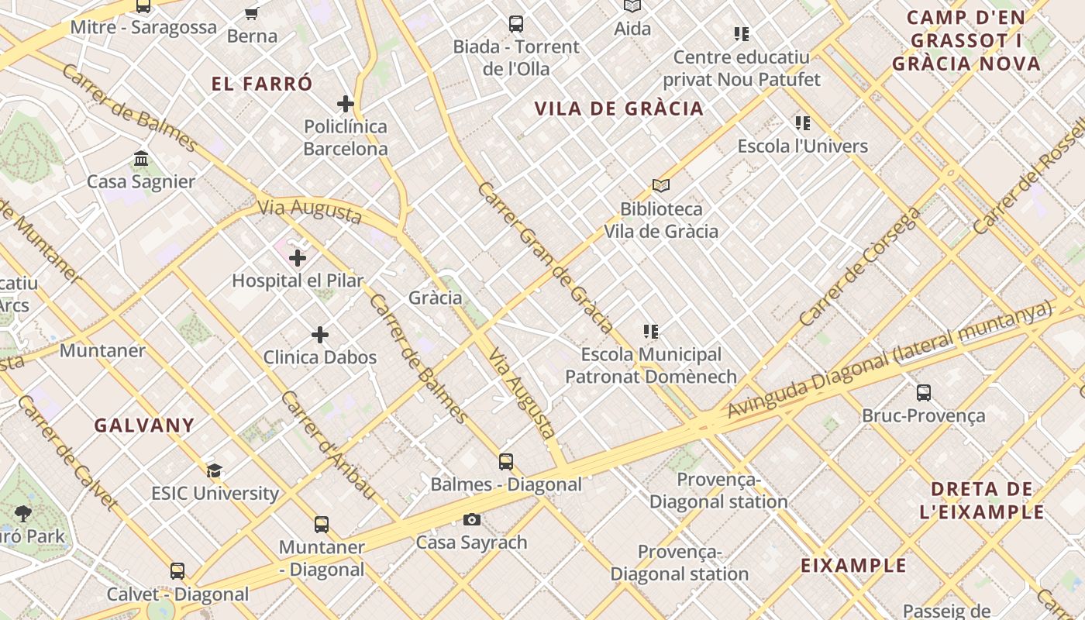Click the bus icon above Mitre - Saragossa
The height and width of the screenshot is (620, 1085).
[143, 6]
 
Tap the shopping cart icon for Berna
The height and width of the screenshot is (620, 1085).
[252, 13]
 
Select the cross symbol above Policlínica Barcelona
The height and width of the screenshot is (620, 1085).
[346, 104]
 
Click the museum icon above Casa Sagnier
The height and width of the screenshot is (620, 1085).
[141, 159]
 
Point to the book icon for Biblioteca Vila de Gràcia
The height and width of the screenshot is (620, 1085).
[660, 186]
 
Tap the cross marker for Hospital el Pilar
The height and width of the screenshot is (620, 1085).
[298, 258]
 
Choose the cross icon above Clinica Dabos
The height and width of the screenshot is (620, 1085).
[320, 335]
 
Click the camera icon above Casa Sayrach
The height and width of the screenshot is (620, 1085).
[471, 519]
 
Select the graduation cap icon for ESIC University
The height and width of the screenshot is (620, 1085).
[215, 470]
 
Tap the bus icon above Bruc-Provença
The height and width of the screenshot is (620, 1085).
[923, 393]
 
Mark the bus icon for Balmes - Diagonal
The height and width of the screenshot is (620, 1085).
[506, 462]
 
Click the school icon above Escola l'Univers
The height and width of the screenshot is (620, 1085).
[802, 123]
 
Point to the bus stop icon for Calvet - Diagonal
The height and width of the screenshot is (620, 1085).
[177, 571]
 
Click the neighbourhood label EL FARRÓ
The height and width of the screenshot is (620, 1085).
[262, 84]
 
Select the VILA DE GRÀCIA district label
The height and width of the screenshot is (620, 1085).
[619, 109]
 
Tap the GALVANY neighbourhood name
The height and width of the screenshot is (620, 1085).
[144, 425]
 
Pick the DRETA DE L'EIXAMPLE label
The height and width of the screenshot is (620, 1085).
[981, 501]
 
